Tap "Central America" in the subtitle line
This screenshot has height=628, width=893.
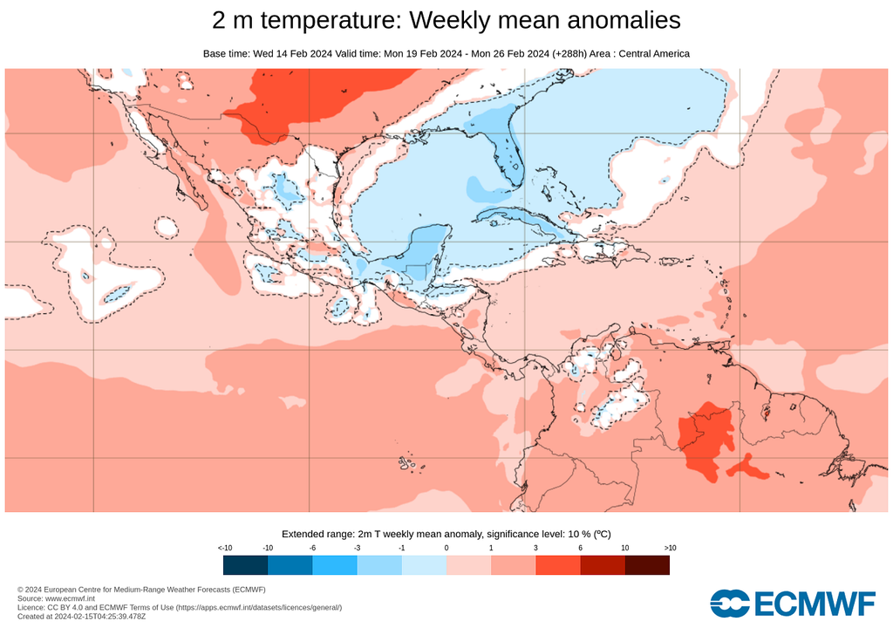point(654,54)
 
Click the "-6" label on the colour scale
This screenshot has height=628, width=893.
point(312,547)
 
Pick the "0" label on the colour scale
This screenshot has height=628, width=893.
point(446,547)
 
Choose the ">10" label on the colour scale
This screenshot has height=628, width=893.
point(670,547)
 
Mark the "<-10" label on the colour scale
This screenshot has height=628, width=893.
point(224,547)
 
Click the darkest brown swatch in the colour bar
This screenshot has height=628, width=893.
point(647,565)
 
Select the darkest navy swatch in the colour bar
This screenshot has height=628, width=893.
point(245,565)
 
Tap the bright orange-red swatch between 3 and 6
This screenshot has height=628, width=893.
point(557,565)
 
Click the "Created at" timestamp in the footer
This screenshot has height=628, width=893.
point(84,616)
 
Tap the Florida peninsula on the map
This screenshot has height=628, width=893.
point(506,161)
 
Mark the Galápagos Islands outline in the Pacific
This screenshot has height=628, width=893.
point(406,462)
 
